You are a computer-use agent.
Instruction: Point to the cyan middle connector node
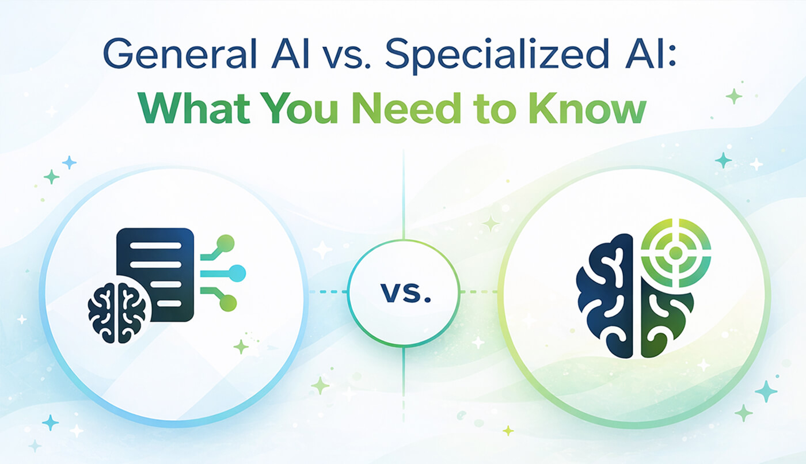(237, 273)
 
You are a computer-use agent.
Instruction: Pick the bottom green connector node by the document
(227, 302)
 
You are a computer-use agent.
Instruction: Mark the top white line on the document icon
(155, 245)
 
